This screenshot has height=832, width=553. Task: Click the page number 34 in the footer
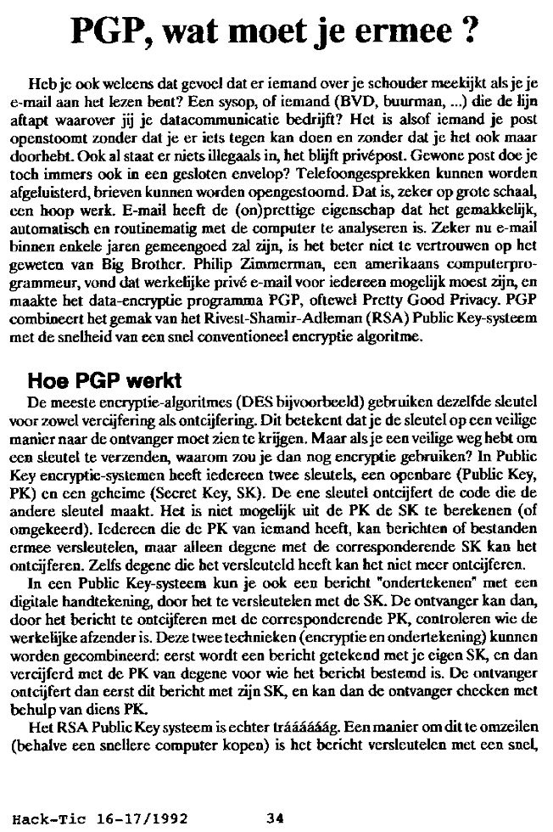click(x=274, y=818)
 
